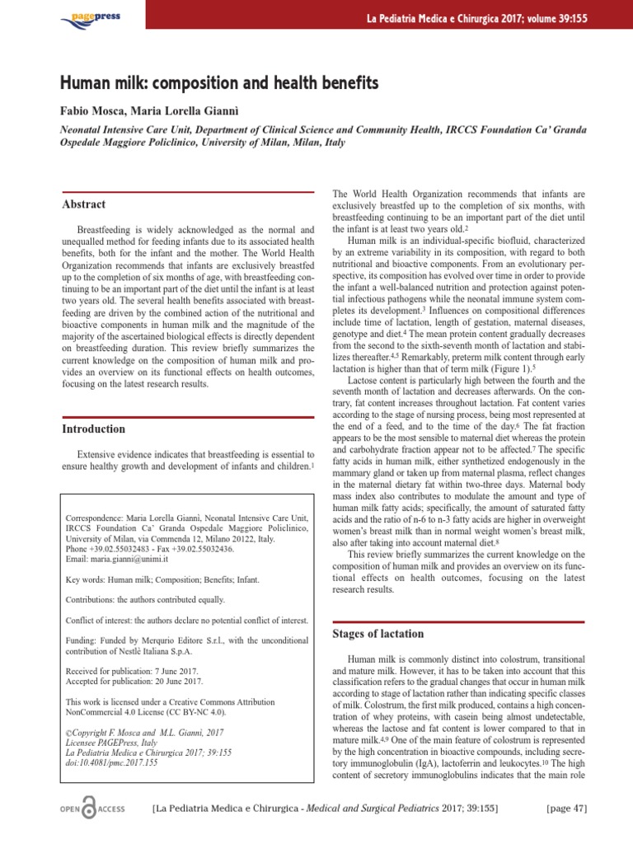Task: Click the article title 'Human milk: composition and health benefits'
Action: (219, 83)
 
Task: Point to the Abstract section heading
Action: (84, 204)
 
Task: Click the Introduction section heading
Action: (94, 429)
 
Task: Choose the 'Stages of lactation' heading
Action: (377, 633)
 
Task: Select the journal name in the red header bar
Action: (486, 18)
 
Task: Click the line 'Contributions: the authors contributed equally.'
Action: (144, 600)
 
